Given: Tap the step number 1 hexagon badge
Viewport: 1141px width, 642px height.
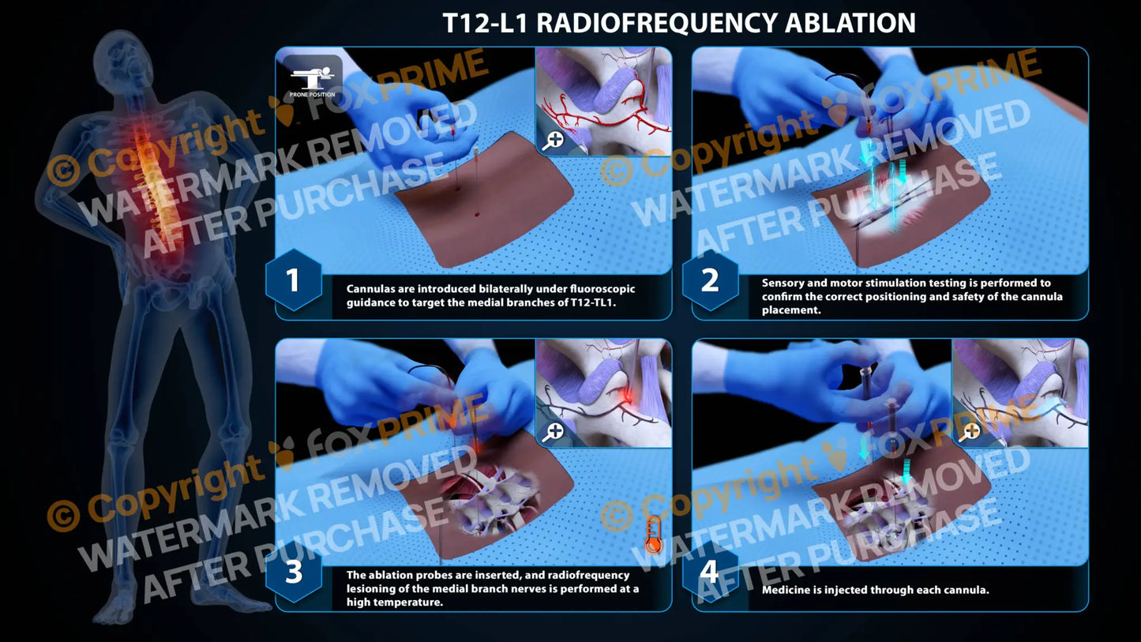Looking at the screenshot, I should tap(293, 280).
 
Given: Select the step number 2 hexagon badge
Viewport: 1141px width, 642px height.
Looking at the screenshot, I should tap(710, 280).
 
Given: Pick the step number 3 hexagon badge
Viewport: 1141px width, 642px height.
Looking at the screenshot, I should tap(293, 573).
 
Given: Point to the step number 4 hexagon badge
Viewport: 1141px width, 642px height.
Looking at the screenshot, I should tap(710, 573).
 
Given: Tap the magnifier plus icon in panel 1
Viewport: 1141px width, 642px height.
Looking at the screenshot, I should tap(554, 141).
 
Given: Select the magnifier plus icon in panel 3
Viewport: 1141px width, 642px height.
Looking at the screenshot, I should tap(554, 432).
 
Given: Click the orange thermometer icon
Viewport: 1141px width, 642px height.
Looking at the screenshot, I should tap(652, 535).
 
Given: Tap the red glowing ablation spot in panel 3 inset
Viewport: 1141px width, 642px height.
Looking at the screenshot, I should tap(628, 394).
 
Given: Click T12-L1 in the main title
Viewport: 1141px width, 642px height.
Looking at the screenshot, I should tap(485, 22).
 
